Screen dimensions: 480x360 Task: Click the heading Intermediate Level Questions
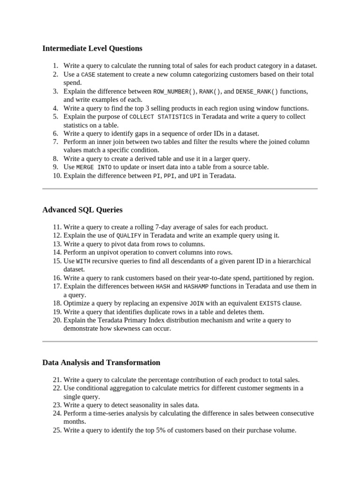(92, 48)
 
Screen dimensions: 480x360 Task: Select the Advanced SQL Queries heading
(82, 210)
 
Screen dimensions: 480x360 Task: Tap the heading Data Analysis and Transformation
(101, 362)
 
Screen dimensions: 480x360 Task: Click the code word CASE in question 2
(88, 75)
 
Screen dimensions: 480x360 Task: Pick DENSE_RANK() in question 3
(257, 91)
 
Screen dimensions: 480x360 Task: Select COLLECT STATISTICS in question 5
(161, 117)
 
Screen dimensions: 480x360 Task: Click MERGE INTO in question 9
(94, 167)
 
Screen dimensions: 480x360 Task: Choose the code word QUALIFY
(128, 236)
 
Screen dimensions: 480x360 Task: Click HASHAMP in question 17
(196, 286)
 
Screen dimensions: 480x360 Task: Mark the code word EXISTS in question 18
(270, 303)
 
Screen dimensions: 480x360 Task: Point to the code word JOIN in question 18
(196, 303)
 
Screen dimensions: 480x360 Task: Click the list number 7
(55, 142)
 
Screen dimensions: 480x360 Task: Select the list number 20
(57, 320)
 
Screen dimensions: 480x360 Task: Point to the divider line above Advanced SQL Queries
(180, 189)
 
